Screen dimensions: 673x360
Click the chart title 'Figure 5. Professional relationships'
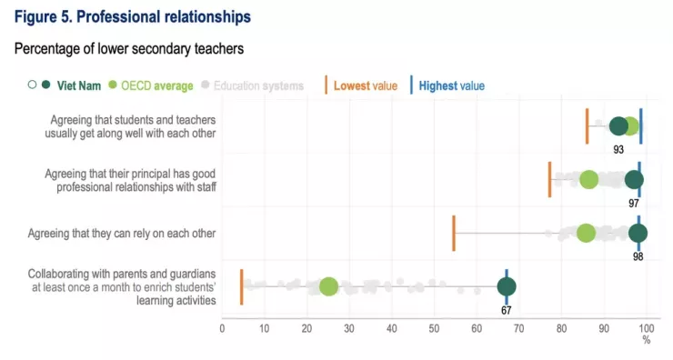[x=133, y=16]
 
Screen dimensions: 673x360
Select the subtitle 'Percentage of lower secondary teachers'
[x=129, y=48]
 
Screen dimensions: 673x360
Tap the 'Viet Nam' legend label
[x=79, y=85]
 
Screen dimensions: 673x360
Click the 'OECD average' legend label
[x=157, y=85]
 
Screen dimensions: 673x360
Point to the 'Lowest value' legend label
[x=366, y=85]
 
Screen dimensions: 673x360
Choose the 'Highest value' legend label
[x=451, y=85]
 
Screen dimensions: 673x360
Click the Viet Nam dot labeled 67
[x=507, y=286]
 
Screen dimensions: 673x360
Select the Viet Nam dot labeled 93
[x=618, y=126]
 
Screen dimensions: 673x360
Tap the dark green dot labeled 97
[x=634, y=180]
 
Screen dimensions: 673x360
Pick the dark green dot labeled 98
[x=638, y=234]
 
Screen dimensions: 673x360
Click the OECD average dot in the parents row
[x=329, y=286]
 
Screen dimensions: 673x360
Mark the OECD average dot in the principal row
[x=589, y=180]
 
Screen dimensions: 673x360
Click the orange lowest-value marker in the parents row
[x=242, y=286]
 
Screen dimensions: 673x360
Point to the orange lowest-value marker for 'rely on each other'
[x=454, y=234]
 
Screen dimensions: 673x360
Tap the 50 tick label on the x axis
[x=434, y=329]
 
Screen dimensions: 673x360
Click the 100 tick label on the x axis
[x=646, y=329]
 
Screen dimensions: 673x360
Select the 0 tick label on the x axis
[x=222, y=329]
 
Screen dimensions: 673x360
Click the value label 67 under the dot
[x=506, y=310]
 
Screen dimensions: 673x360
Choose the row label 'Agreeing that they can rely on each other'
[x=122, y=234]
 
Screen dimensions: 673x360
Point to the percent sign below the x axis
[x=647, y=340]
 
